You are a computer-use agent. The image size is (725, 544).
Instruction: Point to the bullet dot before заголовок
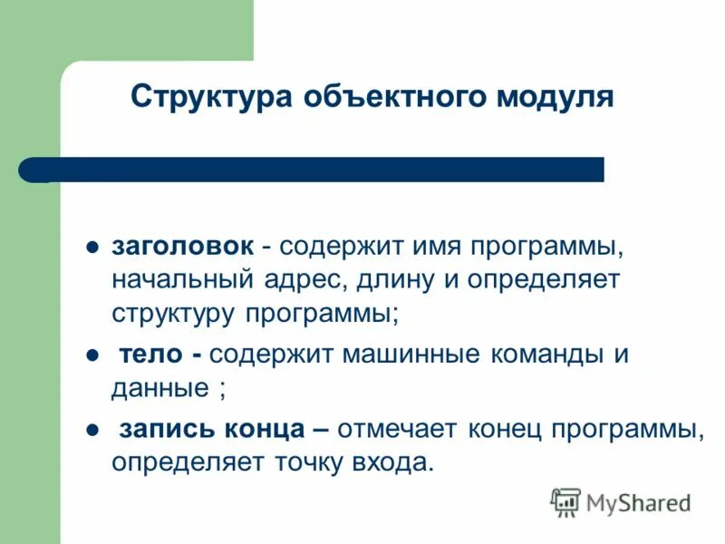click(92, 248)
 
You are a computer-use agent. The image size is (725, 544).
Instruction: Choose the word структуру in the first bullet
click(174, 313)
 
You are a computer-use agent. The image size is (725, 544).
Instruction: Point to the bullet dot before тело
click(92, 355)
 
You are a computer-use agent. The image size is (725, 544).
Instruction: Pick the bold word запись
click(161, 429)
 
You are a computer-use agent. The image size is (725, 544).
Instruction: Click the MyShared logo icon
click(565, 502)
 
